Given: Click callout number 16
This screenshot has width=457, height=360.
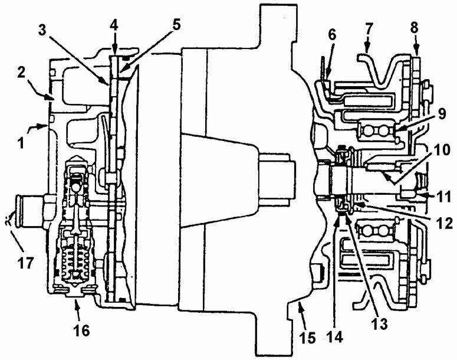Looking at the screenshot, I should pyautogui.click(x=81, y=329).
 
